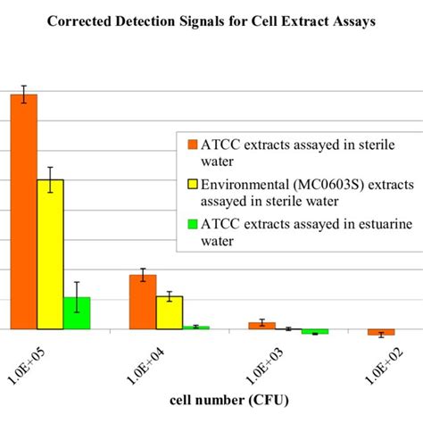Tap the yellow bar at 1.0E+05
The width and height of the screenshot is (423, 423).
(50, 254)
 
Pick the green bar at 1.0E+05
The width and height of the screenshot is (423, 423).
(77, 313)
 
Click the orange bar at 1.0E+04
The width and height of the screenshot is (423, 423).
(143, 302)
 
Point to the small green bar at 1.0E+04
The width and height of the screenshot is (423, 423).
(195, 328)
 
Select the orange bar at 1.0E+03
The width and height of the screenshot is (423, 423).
(261, 326)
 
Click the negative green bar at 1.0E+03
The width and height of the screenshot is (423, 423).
(315, 331)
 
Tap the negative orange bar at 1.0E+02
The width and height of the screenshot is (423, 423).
(381, 332)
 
